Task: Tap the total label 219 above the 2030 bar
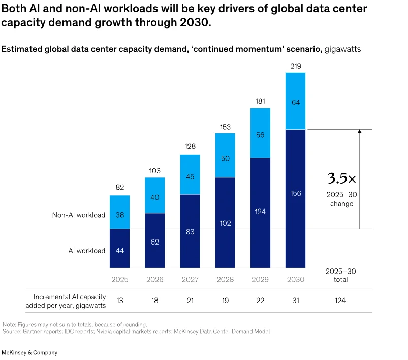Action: [295, 66]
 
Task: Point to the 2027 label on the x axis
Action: [190, 279]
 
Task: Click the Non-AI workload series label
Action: [79, 215]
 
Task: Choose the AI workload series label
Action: [87, 250]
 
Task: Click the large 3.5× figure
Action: [342, 178]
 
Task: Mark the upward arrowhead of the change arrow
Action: [359, 131]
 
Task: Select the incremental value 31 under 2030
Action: [295, 301]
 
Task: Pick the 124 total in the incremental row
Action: [340, 301]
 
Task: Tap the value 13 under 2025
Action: [120, 301]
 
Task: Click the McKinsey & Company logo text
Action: [29, 352]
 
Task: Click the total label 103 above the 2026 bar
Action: [155, 171]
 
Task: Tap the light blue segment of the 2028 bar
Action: [225, 155]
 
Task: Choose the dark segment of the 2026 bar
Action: [155, 240]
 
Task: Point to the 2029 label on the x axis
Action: [260, 279]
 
